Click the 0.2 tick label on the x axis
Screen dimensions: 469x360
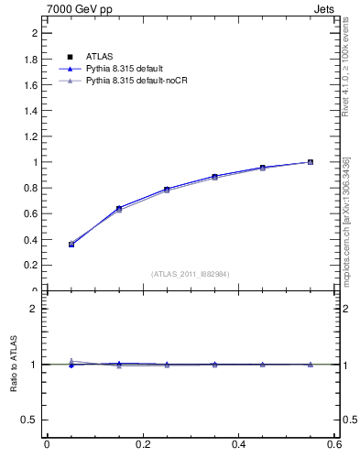(x=142, y=444)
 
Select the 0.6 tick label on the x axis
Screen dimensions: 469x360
(x=334, y=444)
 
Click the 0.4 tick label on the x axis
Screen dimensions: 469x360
(x=238, y=444)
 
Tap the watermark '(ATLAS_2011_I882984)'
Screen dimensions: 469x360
(x=190, y=274)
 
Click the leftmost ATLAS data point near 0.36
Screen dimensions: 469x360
(x=71, y=245)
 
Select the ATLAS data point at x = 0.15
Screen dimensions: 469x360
(x=118, y=209)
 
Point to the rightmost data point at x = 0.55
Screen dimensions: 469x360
(x=311, y=162)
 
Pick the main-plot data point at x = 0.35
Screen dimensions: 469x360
(x=214, y=177)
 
